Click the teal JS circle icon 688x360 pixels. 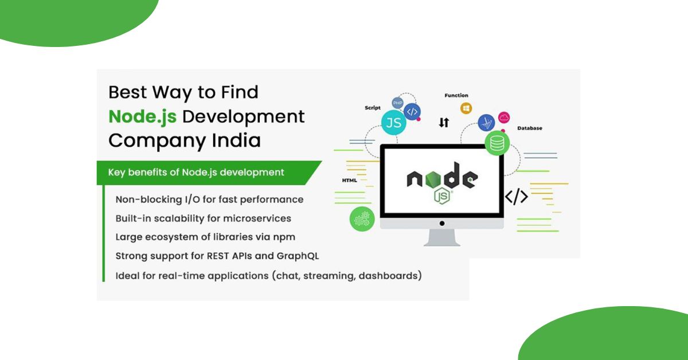click(393, 123)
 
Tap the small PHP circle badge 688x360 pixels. click(397, 103)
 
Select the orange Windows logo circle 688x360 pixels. click(466, 108)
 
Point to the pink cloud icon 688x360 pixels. click(504, 118)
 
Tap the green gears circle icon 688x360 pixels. click(362, 220)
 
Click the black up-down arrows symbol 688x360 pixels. click(443, 122)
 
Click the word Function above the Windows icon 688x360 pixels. click(456, 95)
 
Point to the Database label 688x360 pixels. click(529, 128)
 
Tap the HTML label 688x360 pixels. click(350, 181)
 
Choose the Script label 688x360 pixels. click(373, 108)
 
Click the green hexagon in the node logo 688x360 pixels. click(469, 179)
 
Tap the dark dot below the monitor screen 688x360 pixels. click(441, 223)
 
